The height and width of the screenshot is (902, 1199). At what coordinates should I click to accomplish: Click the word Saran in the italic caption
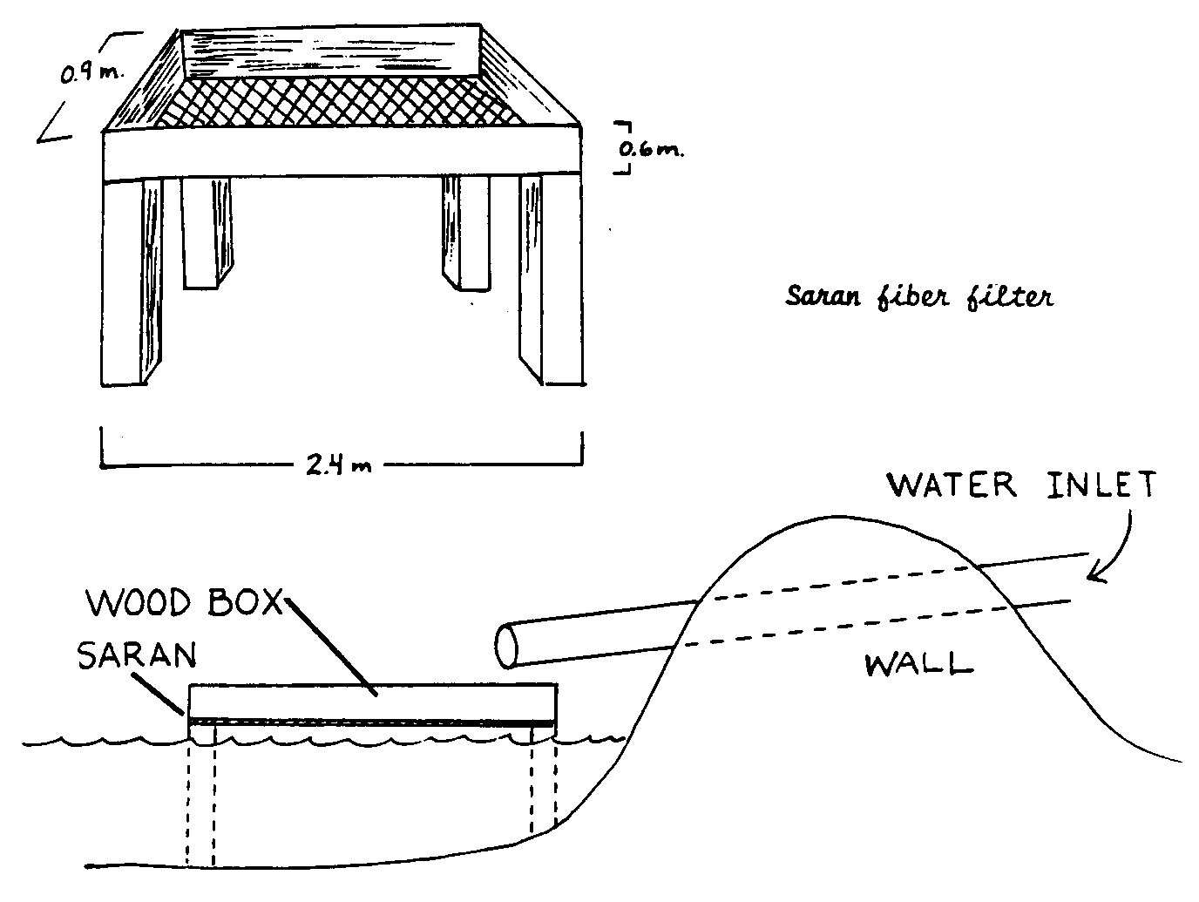823,297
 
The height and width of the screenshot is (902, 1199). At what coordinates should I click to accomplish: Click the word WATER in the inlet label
951,485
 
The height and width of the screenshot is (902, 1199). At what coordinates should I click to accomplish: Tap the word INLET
1101,485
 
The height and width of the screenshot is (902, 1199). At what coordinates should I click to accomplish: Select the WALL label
918,666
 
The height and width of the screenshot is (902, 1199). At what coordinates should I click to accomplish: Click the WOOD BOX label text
185,602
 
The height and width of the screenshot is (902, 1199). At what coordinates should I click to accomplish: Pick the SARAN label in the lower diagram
135,654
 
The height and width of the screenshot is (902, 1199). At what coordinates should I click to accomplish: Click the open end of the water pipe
506,645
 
